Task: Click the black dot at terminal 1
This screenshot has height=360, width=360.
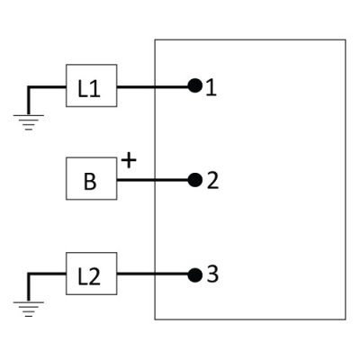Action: point(195,86)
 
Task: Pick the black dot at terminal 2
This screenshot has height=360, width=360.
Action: point(195,180)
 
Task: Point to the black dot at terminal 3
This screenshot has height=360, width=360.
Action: point(195,275)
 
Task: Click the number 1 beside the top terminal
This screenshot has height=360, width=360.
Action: point(211,88)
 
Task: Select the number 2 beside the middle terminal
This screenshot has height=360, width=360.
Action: point(212,181)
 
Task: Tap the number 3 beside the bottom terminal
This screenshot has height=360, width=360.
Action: point(212,274)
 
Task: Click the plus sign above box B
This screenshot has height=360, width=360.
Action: point(129,160)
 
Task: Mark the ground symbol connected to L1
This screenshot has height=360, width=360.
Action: point(29,122)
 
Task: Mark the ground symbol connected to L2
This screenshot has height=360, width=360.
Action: point(29,309)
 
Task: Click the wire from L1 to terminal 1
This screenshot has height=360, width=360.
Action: point(152,87)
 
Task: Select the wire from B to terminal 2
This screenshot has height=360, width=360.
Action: point(152,180)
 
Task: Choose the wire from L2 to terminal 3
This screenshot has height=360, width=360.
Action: point(152,274)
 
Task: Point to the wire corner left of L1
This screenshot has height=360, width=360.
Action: point(29,87)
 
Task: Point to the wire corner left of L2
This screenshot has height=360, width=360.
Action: point(29,274)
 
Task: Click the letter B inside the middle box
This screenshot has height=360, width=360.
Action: point(90,181)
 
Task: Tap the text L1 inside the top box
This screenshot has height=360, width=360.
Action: point(89,89)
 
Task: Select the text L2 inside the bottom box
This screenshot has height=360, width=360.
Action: point(89,276)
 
